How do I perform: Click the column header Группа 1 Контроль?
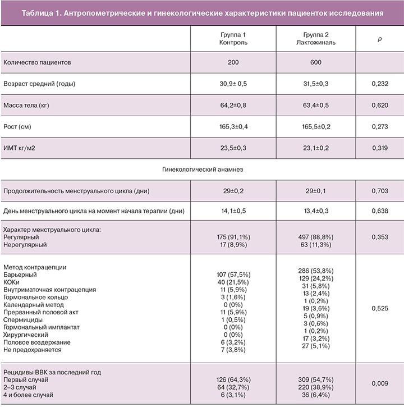pos(233,38)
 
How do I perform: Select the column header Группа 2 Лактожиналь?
pos(315,38)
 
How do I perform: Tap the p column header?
pos(380,38)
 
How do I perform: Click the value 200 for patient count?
pos(233,62)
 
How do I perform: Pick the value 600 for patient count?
pos(315,62)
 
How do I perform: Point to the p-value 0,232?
pos(380,84)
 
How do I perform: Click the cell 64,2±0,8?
pos(233,105)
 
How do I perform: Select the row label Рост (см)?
pos(17,127)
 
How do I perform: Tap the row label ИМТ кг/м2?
pos(22,149)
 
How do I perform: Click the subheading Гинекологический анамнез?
pos(202,168)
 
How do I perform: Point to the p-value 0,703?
pos(380,191)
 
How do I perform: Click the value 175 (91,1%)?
pos(233,237)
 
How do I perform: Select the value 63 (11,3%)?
pos(315,245)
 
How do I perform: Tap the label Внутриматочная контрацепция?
pos(49,290)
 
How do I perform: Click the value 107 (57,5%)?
pos(233,275)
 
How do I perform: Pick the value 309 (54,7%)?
pos(315,380)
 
